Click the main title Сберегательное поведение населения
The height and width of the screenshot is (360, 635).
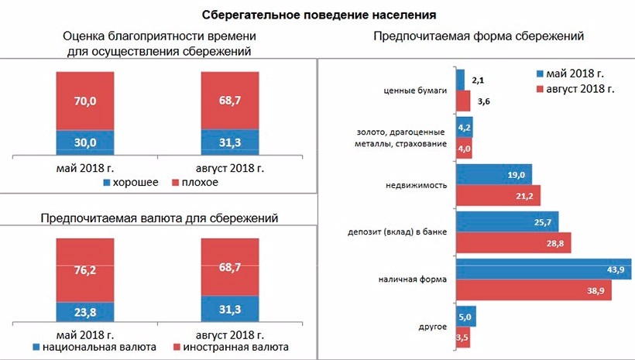pyautogui.click(x=318, y=14)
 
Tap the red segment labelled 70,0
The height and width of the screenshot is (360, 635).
pyautogui.click(x=85, y=101)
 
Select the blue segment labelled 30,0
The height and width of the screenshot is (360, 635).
pyautogui.click(x=85, y=142)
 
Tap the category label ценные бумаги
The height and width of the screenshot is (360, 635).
pyautogui.click(x=416, y=91)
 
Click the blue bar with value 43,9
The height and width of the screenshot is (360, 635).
pyautogui.click(x=542, y=269)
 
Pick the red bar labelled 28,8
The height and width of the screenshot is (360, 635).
pyautogui.click(x=513, y=243)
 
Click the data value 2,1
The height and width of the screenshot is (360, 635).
pyautogui.click(x=478, y=81)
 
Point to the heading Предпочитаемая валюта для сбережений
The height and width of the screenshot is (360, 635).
pyautogui.click(x=159, y=218)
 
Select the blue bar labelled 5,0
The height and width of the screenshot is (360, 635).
pyautogui.click(x=465, y=317)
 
